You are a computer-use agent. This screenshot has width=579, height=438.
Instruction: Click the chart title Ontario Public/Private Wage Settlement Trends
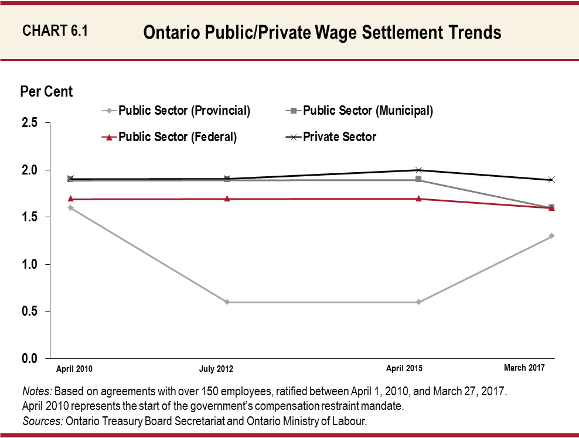(322, 33)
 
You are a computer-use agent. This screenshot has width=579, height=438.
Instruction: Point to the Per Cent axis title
(46, 92)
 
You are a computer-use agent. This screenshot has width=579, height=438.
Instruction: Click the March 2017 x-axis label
(524, 368)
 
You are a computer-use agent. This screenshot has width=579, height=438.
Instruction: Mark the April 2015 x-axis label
(404, 369)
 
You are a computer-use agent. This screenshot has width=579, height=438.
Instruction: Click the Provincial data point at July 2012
(227, 302)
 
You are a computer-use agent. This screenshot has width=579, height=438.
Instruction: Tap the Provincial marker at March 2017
(551, 236)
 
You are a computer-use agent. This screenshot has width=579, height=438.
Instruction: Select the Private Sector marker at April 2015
(418, 170)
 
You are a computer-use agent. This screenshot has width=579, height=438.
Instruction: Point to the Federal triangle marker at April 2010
(70, 199)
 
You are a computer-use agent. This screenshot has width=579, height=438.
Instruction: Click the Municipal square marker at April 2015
(418, 180)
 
